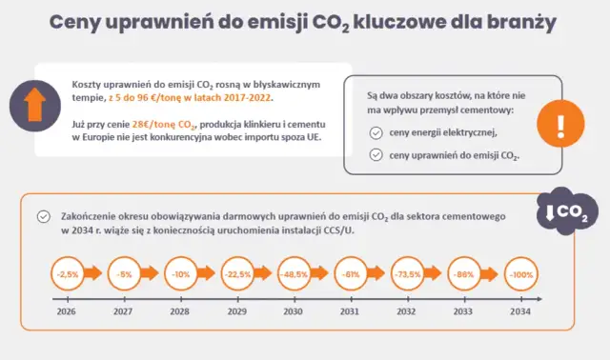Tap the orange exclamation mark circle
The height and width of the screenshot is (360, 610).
click(x=560, y=124)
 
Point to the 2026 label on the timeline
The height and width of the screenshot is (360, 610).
click(x=67, y=311)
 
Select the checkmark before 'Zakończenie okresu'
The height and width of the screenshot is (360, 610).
click(x=42, y=216)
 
